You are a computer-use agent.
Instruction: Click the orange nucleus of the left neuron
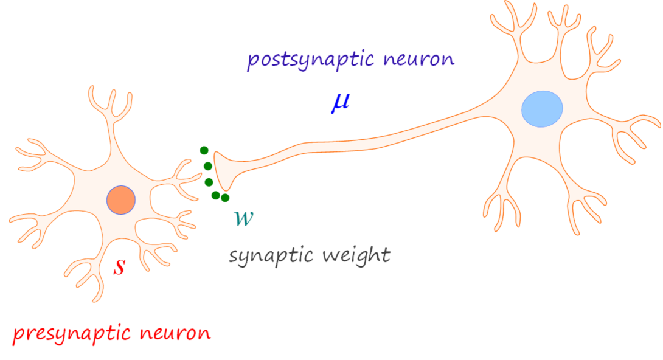(x=120, y=200)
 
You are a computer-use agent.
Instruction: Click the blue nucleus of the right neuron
(x=542, y=109)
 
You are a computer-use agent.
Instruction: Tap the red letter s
(x=120, y=266)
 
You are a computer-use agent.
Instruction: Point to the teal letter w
(x=244, y=218)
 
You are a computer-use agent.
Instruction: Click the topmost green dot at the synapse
(x=204, y=151)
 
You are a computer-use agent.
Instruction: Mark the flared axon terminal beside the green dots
(x=223, y=170)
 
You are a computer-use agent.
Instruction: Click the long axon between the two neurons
(x=365, y=140)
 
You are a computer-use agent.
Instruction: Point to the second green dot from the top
(x=208, y=166)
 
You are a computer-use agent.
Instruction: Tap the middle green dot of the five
(x=209, y=182)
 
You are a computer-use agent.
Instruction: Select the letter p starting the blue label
(x=253, y=62)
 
